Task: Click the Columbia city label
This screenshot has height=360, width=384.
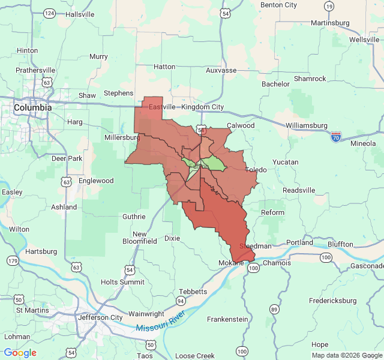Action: point(32,107)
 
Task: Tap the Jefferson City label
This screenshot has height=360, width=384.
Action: point(100,317)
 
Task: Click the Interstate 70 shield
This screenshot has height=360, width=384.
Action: point(336,137)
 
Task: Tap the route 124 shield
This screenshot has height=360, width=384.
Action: point(49,13)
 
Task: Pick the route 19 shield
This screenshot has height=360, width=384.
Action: point(329,6)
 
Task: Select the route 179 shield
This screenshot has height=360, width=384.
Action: point(13,260)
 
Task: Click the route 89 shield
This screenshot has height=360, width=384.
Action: point(274,309)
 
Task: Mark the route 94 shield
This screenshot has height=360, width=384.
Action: point(181,300)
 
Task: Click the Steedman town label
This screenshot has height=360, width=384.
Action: point(256,246)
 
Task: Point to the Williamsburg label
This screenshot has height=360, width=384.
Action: point(306,125)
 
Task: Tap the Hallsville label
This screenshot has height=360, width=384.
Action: point(80,14)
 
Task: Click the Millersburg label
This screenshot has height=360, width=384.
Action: point(122,137)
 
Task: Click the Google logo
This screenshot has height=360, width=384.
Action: point(20,353)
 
